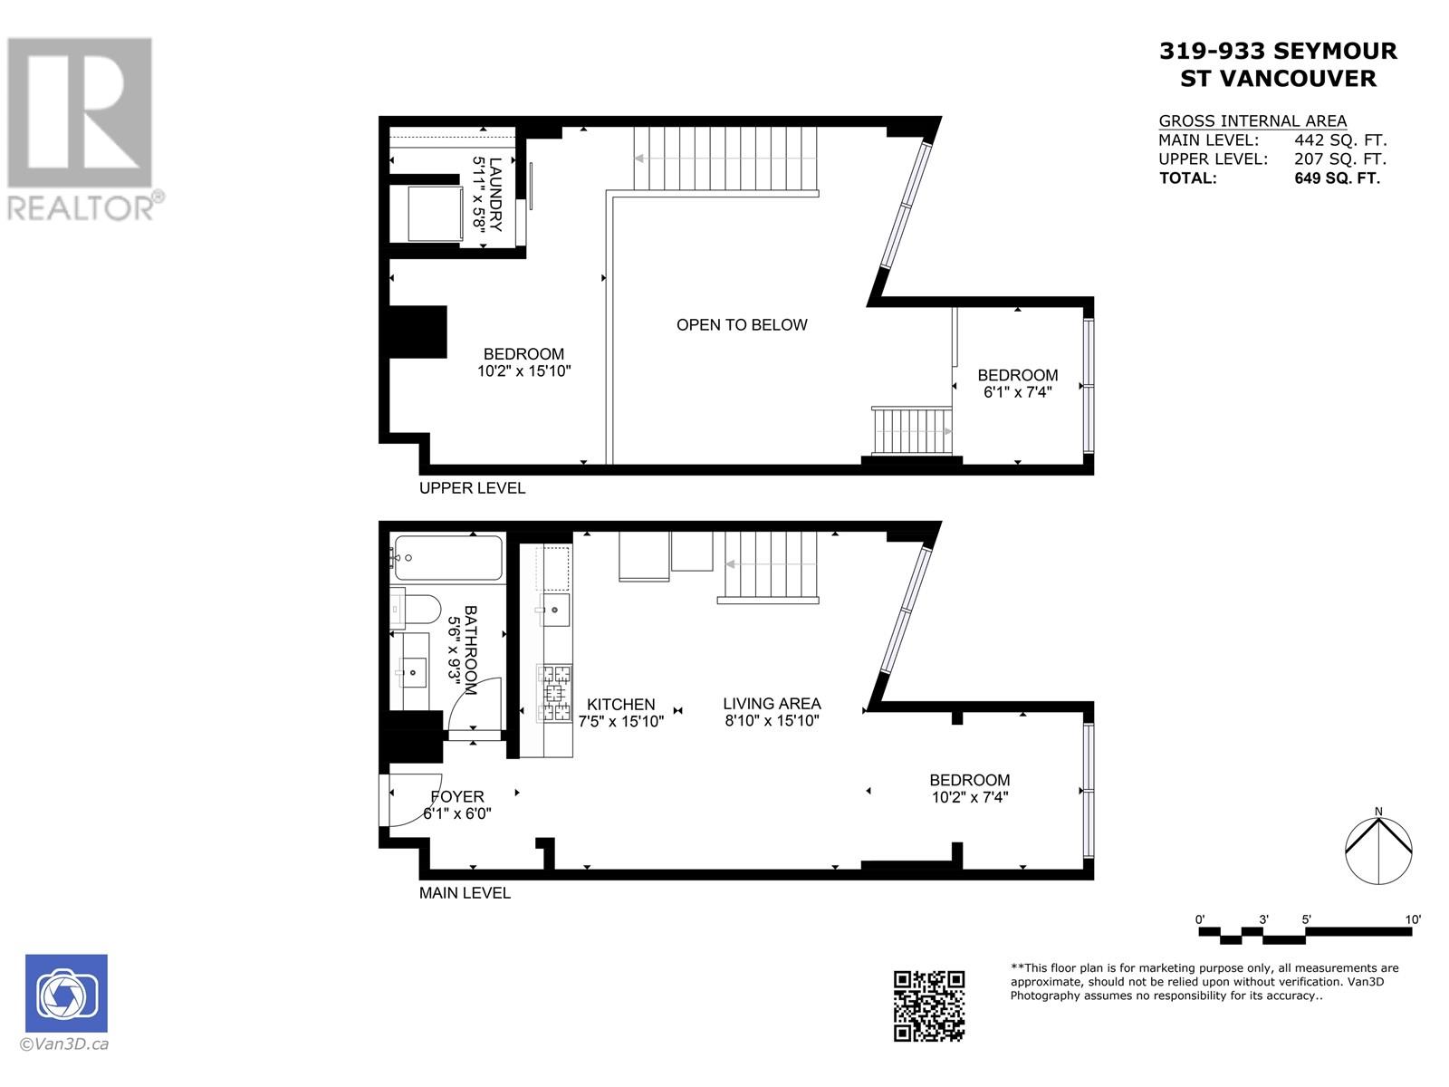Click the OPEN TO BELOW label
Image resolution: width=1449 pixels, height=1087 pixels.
coord(742,325)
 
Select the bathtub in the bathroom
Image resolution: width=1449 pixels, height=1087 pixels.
coord(448,558)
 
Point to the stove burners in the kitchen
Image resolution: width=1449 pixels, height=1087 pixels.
coord(555,693)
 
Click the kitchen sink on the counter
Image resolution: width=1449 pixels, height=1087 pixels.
coord(555,610)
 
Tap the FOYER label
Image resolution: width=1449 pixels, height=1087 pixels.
coord(456,796)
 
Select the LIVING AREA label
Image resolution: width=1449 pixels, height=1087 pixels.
coord(772,703)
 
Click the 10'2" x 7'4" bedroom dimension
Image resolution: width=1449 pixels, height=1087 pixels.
coord(970,797)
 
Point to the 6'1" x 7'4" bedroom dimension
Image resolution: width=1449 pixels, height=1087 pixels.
coord(1017,392)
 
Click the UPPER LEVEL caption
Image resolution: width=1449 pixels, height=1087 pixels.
coord(472,488)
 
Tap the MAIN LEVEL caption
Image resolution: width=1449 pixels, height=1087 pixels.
coord(465,893)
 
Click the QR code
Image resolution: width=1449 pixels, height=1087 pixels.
coord(929,1005)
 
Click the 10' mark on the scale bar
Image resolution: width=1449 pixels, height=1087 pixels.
coord(1412,919)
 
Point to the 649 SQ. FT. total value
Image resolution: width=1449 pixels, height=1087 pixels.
coord(1337,178)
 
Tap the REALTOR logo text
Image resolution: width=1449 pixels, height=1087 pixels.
coord(82,207)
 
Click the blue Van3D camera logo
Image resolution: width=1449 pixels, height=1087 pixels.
coord(66,993)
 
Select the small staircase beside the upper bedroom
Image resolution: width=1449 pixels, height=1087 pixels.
coord(911,431)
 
